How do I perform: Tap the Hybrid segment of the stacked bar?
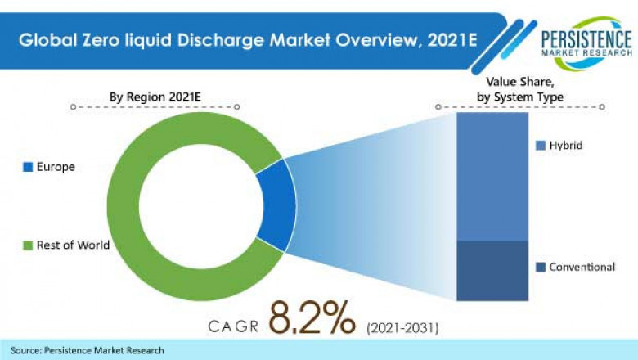[x=492, y=176]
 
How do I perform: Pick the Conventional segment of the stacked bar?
[x=492, y=270]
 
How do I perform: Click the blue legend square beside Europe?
[x=28, y=168]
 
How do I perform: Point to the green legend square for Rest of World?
[x=28, y=244]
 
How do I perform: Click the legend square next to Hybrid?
[x=541, y=146]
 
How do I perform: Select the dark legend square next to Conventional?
[x=541, y=268]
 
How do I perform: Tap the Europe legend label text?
[x=56, y=167]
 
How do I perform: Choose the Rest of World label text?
[x=73, y=244]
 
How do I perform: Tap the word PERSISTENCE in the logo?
[x=586, y=38]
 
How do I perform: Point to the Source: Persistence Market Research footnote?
[x=88, y=350]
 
